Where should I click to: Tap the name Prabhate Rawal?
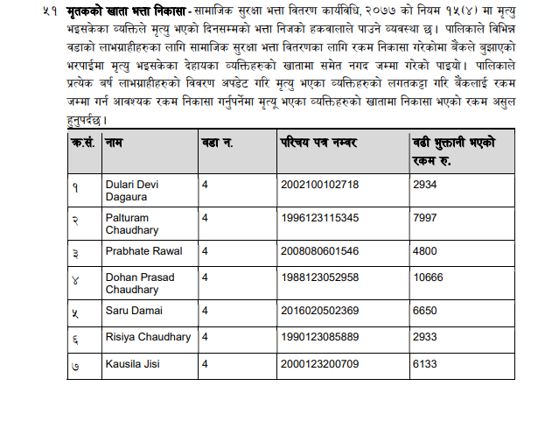143,251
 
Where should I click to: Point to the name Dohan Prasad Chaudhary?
139,284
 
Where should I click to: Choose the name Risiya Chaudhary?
148,337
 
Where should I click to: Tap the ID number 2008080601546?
319,251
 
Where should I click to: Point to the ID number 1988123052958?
319,277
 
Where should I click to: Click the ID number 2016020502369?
319,310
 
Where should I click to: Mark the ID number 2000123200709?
319,363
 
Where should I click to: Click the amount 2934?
423,184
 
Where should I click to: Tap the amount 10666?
426,277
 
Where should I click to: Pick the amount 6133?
423,363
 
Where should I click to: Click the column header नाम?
114,142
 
